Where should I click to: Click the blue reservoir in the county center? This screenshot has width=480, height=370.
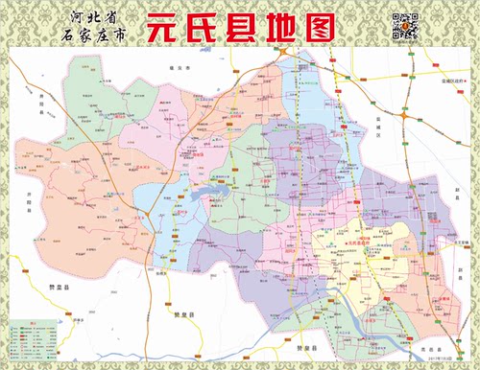(x=205, y=200)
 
